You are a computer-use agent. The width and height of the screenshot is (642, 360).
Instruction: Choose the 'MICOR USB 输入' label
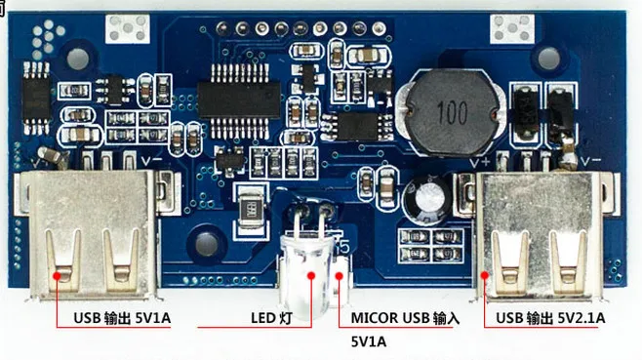(404, 318)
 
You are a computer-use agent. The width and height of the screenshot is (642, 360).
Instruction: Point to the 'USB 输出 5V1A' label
(121, 318)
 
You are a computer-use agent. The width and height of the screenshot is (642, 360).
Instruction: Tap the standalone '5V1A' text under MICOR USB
(369, 341)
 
